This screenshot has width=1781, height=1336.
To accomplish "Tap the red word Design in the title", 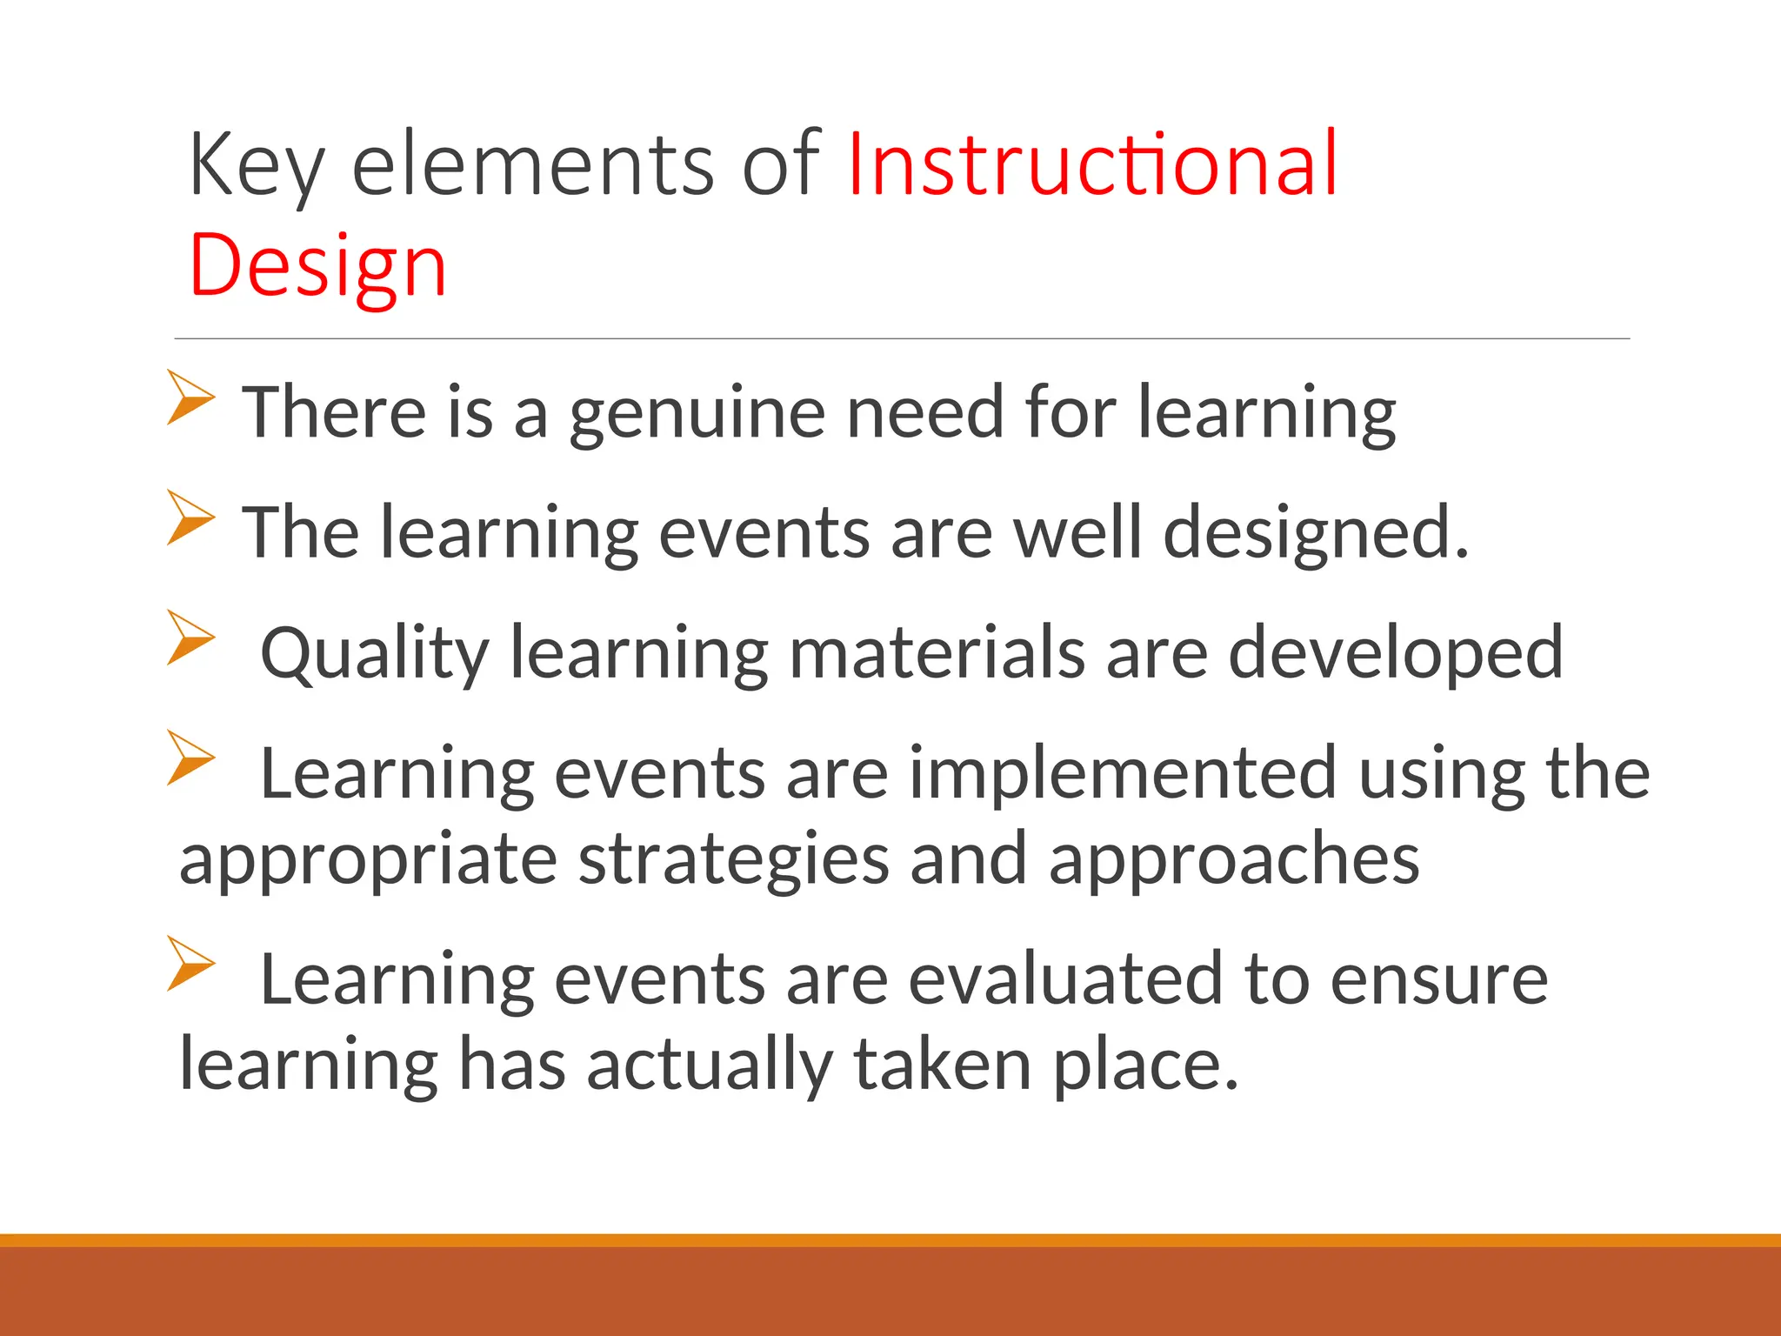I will pos(318,265).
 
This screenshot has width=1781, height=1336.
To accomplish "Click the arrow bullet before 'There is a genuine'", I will pos(190,397).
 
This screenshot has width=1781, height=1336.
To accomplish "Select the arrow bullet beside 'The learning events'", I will pos(190,518).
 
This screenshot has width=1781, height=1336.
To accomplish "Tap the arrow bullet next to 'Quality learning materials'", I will pos(190,638).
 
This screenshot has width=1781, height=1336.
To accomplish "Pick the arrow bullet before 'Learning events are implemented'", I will pos(190,758).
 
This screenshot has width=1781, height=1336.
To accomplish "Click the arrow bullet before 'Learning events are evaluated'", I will pos(190,964).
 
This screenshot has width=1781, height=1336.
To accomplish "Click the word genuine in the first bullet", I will pos(697,414).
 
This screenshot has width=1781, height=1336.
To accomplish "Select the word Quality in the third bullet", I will pos(375,654).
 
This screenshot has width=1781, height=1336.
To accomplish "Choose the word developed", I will pos(1396,654).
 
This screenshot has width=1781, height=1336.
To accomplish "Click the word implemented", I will pos(1123,772).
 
